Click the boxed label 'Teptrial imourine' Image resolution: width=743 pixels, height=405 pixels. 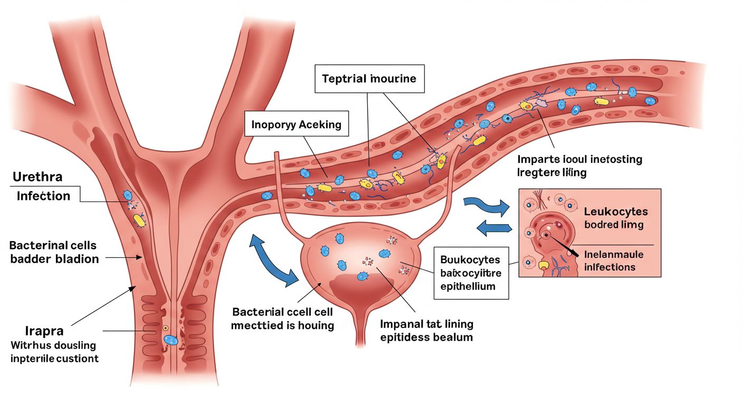tap(369, 79)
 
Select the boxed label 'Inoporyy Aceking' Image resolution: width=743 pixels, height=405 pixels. tap(297, 126)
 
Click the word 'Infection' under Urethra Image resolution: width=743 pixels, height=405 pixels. tap(43, 196)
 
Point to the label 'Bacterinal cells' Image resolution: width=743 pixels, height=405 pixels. tap(53, 245)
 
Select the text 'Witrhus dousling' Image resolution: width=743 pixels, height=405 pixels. tap(53, 345)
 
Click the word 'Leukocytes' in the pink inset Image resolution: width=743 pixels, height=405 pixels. tap(616, 212)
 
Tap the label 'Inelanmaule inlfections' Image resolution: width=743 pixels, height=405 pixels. tap(614, 261)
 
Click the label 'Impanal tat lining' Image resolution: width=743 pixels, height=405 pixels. tap(426, 324)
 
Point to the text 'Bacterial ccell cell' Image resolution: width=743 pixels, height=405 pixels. tap(282, 312)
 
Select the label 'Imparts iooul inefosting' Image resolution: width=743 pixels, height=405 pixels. tap(579, 159)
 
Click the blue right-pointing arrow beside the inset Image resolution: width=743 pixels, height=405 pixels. tap(486, 207)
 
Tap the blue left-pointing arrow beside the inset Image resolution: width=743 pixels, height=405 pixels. tap(494, 228)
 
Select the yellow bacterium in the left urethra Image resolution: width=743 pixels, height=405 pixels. tap(139, 219)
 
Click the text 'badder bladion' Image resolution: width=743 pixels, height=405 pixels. tap(54, 259)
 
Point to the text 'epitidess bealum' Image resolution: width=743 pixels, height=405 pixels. tap(426, 337)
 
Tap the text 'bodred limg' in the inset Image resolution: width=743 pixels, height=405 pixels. tap(614, 225)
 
